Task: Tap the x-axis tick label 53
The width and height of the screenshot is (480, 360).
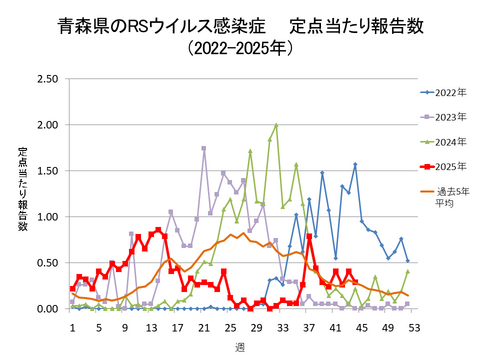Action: click(x=412, y=326)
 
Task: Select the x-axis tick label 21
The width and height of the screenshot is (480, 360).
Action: click(x=203, y=326)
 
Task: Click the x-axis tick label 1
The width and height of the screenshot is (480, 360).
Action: click(x=72, y=326)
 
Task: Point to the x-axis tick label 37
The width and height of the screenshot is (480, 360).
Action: click(x=308, y=326)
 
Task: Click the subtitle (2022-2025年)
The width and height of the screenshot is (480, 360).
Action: click(x=240, y=47)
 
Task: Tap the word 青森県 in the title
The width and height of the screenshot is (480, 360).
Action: click(x=85, y=21)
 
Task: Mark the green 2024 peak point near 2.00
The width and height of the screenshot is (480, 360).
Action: click(x=276, y=125)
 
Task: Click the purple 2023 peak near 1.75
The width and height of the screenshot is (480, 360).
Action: click(x=204, y=148)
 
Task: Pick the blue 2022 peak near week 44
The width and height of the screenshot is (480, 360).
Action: click(x=355, y=165)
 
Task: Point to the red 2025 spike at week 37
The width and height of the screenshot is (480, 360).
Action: click(x=309, y=236)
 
